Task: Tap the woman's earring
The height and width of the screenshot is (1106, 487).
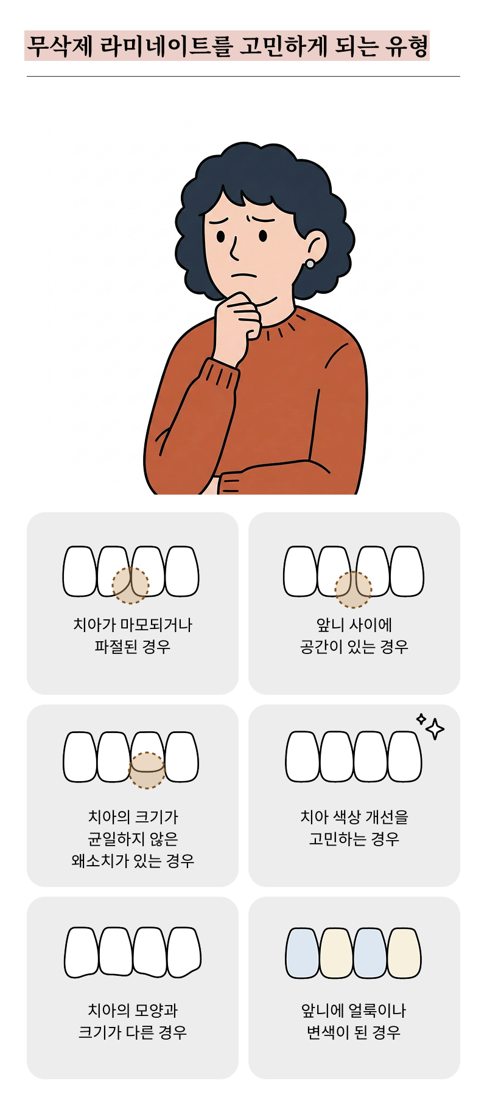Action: tap(310, 263)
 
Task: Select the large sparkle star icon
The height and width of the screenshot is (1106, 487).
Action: tap(435, 728)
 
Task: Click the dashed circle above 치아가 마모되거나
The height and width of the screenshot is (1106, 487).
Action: tap(130, 585)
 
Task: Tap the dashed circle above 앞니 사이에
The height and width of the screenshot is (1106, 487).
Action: tap(353, 590)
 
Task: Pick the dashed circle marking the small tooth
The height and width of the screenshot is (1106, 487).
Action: tap(147, 770)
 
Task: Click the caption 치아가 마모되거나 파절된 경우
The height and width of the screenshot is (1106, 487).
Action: tap(133, 635)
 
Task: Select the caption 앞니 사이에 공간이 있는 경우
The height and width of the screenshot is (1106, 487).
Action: tap(354, 635)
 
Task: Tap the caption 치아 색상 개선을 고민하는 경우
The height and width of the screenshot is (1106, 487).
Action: tap(354, 827)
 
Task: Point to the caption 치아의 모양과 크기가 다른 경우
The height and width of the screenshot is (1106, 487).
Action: tap(133, 1021)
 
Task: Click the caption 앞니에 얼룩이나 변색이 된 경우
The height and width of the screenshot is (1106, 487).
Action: tap(354, 1021)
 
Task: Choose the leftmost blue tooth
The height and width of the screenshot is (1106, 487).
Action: tap(303, 953)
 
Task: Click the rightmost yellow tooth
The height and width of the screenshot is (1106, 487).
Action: tap(404, 953)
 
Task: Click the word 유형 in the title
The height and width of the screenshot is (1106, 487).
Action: tap(406, 46)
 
